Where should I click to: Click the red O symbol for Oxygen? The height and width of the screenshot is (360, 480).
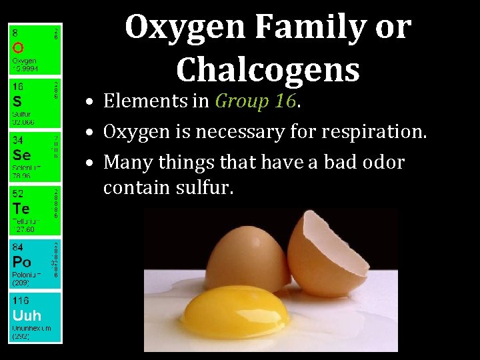pos(18,47)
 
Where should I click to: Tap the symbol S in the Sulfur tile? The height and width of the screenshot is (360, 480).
pos(17,102)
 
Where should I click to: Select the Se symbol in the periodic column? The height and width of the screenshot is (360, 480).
pos(21,155)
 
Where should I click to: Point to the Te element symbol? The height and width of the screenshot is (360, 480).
pos(21,209)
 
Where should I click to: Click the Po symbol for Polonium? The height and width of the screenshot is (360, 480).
pos(21,262)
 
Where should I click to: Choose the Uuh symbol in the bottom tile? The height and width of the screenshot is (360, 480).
pos(27,315)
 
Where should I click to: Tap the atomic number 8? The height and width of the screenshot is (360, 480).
pos(15,31)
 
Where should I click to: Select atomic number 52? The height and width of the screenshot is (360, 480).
pos(17,194)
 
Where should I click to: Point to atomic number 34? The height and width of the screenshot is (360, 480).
pos(17,140)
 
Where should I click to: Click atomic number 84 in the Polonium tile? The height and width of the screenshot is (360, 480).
pos(17,247)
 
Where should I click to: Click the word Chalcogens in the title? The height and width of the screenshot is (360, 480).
pos(268,69)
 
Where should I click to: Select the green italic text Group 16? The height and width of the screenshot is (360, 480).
pos(255,101)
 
